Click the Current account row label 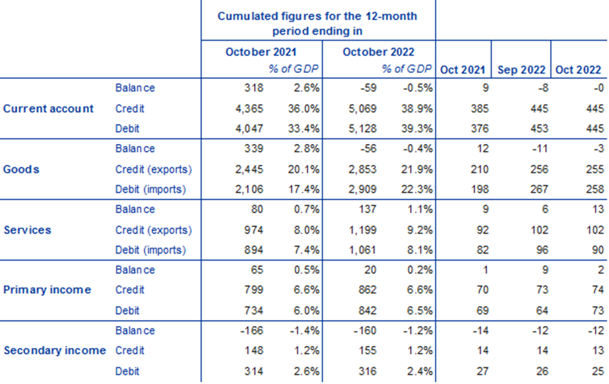click(48, 108)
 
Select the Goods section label click(21, 169)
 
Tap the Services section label click(27, 230)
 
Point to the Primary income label click(47, 290)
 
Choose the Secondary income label click(54, 350)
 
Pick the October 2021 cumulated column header click(260, 52)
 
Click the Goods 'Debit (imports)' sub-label click(150, 189)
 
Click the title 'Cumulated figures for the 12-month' click(317, 16)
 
